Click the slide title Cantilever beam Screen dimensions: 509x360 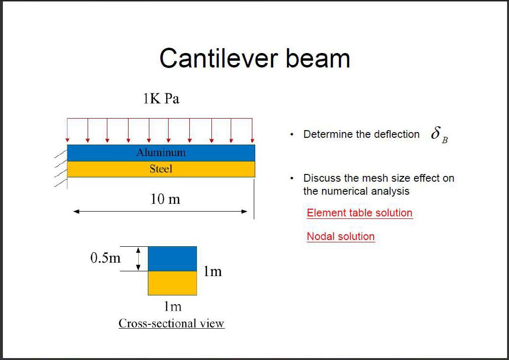(x=255, y=58)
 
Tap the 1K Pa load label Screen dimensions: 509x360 (x=161, y=98)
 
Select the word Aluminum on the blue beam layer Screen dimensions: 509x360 (x=161, y=152)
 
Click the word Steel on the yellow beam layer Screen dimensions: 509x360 (x=161, y=169)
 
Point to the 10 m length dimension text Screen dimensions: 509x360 (x=165, y=199)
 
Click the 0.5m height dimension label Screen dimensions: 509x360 (x=105, y=258)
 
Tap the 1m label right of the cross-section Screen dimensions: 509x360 (x=213, y=271)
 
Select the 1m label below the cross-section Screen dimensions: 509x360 (x=172, y=307)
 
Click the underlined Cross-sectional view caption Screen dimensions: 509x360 (x=171, y=323)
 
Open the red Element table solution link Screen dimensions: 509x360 (x=360, y=213)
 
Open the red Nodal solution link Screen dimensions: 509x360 (x=341, y=236)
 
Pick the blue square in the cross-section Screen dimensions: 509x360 (x=172, y=259)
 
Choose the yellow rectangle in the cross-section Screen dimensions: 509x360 (x=172, y=283)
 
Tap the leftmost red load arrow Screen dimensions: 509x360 (x=67, y=130)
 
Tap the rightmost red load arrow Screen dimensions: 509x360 (x=252, y=130)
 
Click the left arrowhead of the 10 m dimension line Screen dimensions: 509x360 (x=76, y=212)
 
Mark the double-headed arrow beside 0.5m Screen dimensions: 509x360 (x=138, y=259)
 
